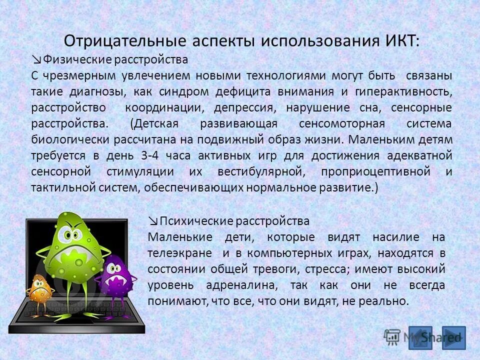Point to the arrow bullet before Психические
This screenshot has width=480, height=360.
pos(153,221)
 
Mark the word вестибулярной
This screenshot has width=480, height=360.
pos(260,171)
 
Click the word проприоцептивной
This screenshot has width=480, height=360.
pos(376,171)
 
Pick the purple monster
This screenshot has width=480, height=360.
pos(116,275)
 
